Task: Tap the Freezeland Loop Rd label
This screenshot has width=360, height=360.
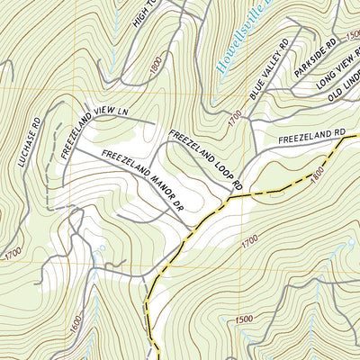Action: (x=206, y=157)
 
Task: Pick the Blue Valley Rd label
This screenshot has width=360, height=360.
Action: (x=268, y=68)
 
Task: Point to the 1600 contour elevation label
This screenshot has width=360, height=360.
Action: (x=74, y=320)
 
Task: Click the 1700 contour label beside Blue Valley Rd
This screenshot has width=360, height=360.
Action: (x=236, y=118)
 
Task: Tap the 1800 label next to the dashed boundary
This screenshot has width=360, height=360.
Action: (x=317, y=179)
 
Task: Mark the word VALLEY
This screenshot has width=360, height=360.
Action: (x=269, y=67)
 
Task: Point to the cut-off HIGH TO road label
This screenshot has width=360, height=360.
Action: (x=148, y=22)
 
